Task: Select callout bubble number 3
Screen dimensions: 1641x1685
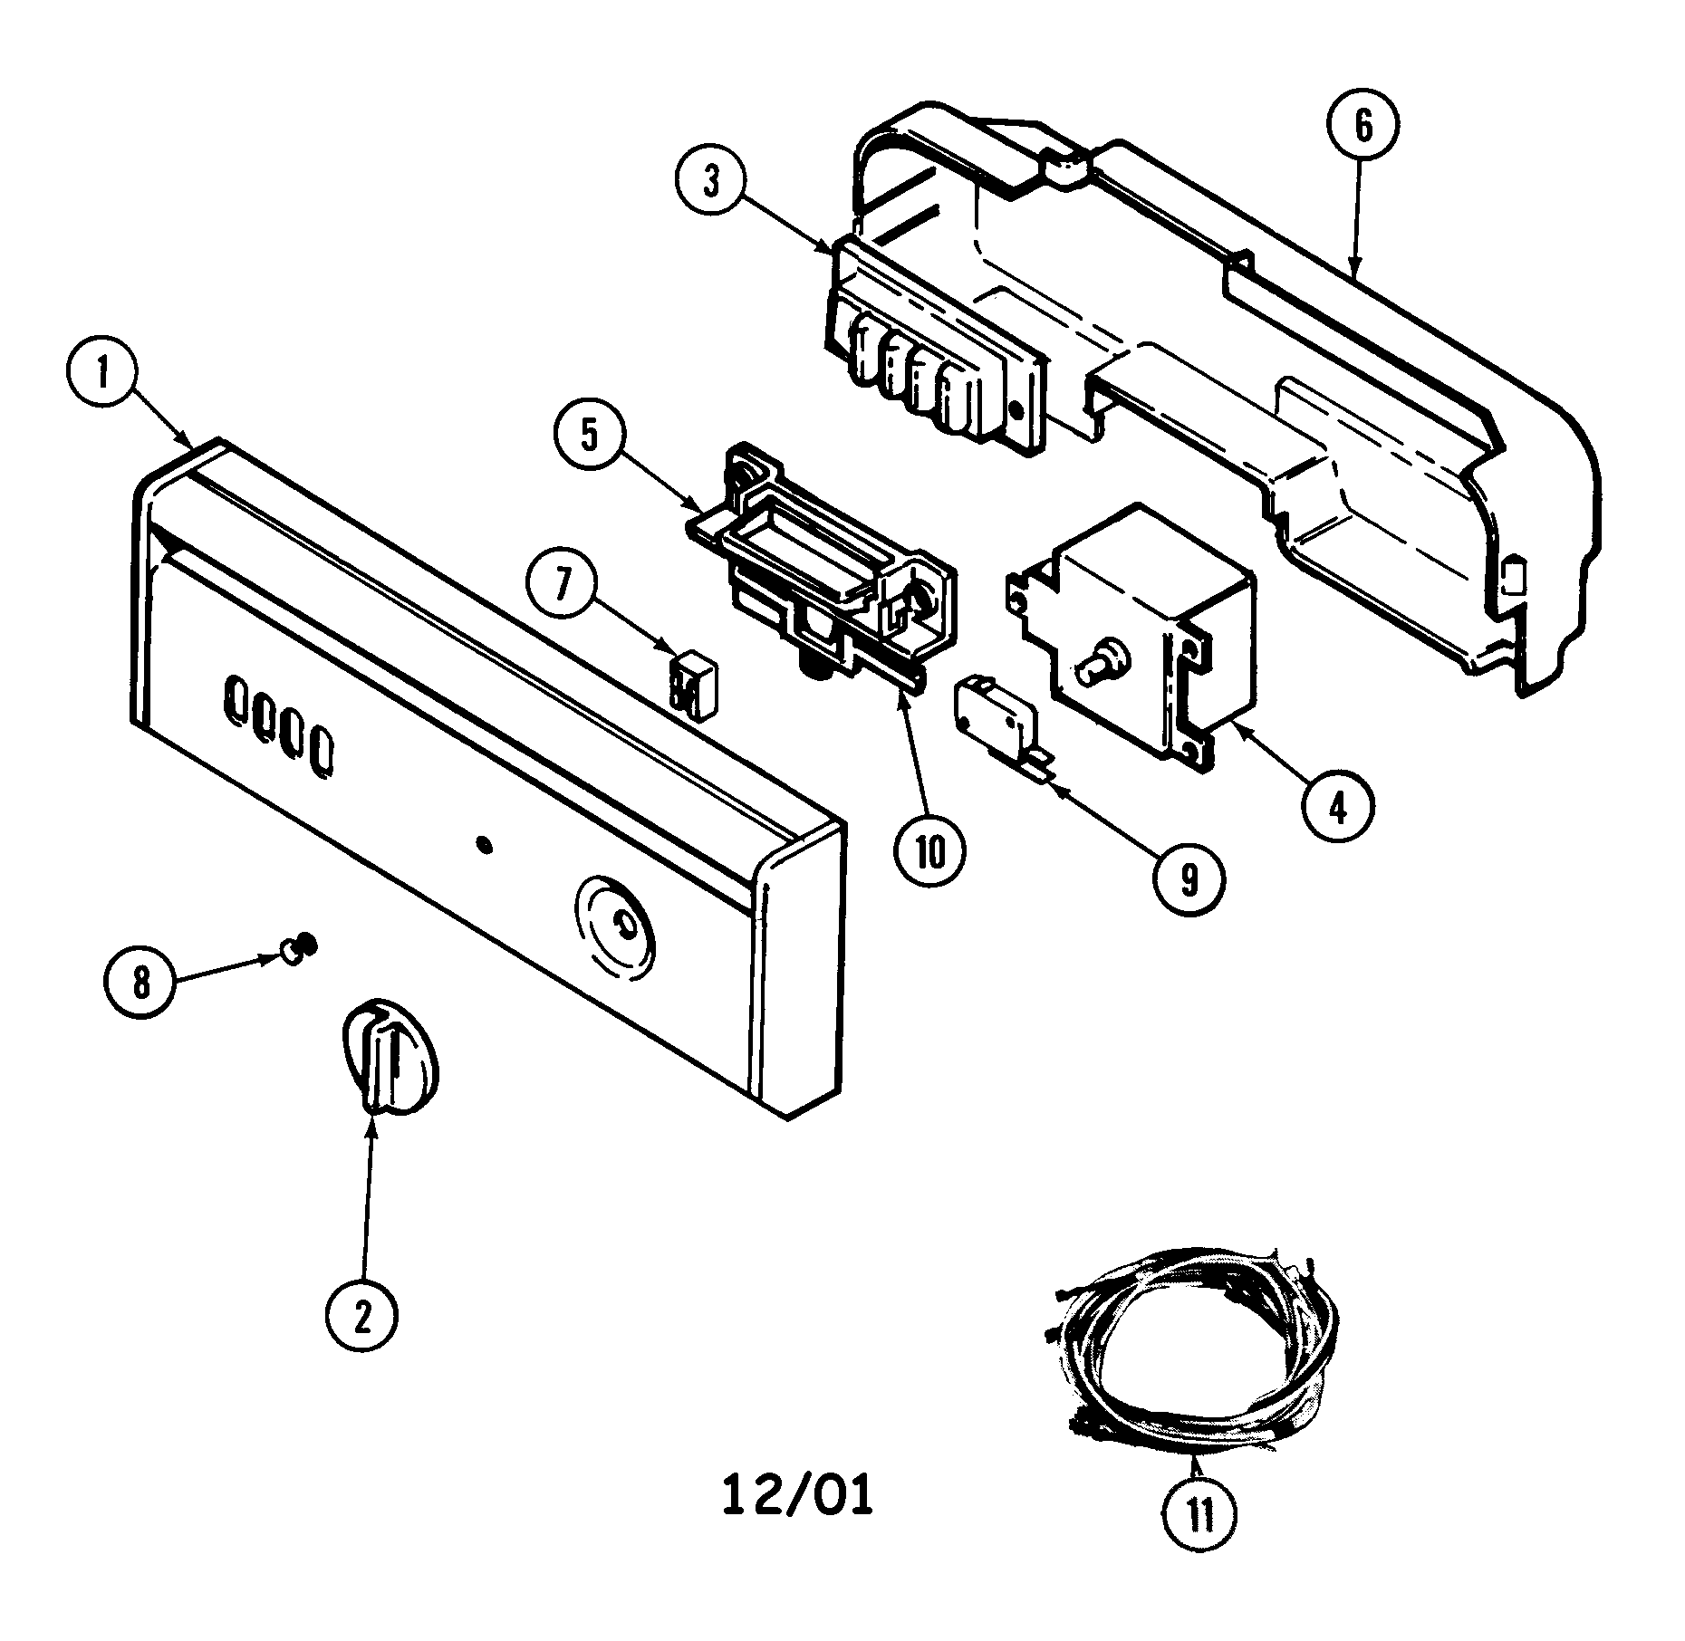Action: click(x=712, y=182)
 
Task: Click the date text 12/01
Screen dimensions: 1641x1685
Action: click(x=798, y=1496)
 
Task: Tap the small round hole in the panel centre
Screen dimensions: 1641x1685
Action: click(x=484, y=845)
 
